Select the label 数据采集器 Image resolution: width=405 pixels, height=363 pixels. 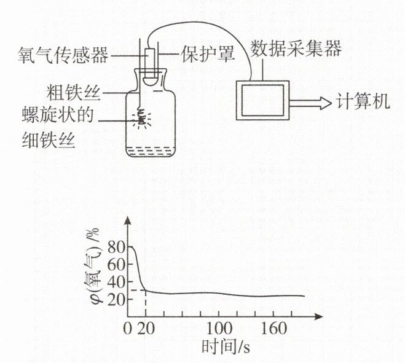point(296,47)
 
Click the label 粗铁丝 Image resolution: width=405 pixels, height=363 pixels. point(74,93)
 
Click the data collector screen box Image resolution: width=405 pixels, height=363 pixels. point(262,100)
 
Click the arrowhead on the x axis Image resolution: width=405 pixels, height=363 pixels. point(318,317)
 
